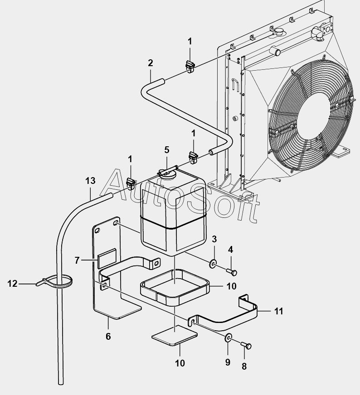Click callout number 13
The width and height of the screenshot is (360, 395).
click(x=90, y=181)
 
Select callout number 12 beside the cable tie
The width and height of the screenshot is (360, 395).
click(x=12, y=284)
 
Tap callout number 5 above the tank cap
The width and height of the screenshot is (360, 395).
click(x=167, y=149)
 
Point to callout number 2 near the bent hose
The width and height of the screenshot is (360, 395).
click(x=150, y=63)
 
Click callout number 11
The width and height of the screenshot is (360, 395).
click(x=278, y=311)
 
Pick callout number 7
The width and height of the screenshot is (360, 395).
click(x=77, y=260)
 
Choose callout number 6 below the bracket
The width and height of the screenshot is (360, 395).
click(x=108, y=336)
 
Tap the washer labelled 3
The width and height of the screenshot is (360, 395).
click(x=213, y=264)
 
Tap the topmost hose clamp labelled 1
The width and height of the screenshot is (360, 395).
click(x=190, y=67)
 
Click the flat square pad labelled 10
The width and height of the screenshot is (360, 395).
click(x=175, y=335)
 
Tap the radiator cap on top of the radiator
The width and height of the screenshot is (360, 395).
click(x=278, y=32)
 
